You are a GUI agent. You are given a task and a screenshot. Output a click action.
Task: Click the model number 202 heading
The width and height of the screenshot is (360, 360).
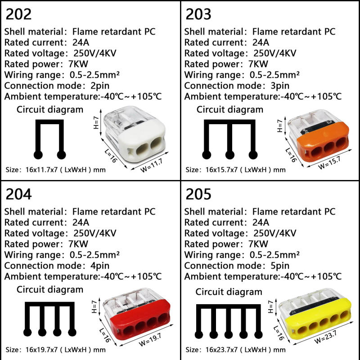coord(18,14)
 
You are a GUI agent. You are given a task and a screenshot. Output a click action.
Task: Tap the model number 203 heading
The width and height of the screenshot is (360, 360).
coord(198,14)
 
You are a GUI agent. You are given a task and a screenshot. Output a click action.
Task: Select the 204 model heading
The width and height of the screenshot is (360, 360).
coord(18,194)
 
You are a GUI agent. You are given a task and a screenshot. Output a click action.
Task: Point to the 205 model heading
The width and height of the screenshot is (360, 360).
coord(198,194)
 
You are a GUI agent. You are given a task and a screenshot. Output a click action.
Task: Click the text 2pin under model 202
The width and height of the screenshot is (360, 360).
coord(100,85)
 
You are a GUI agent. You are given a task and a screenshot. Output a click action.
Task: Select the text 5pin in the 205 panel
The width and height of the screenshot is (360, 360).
coord(280,265)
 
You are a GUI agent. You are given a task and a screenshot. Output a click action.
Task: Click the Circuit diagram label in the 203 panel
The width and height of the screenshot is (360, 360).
coord(230,109)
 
